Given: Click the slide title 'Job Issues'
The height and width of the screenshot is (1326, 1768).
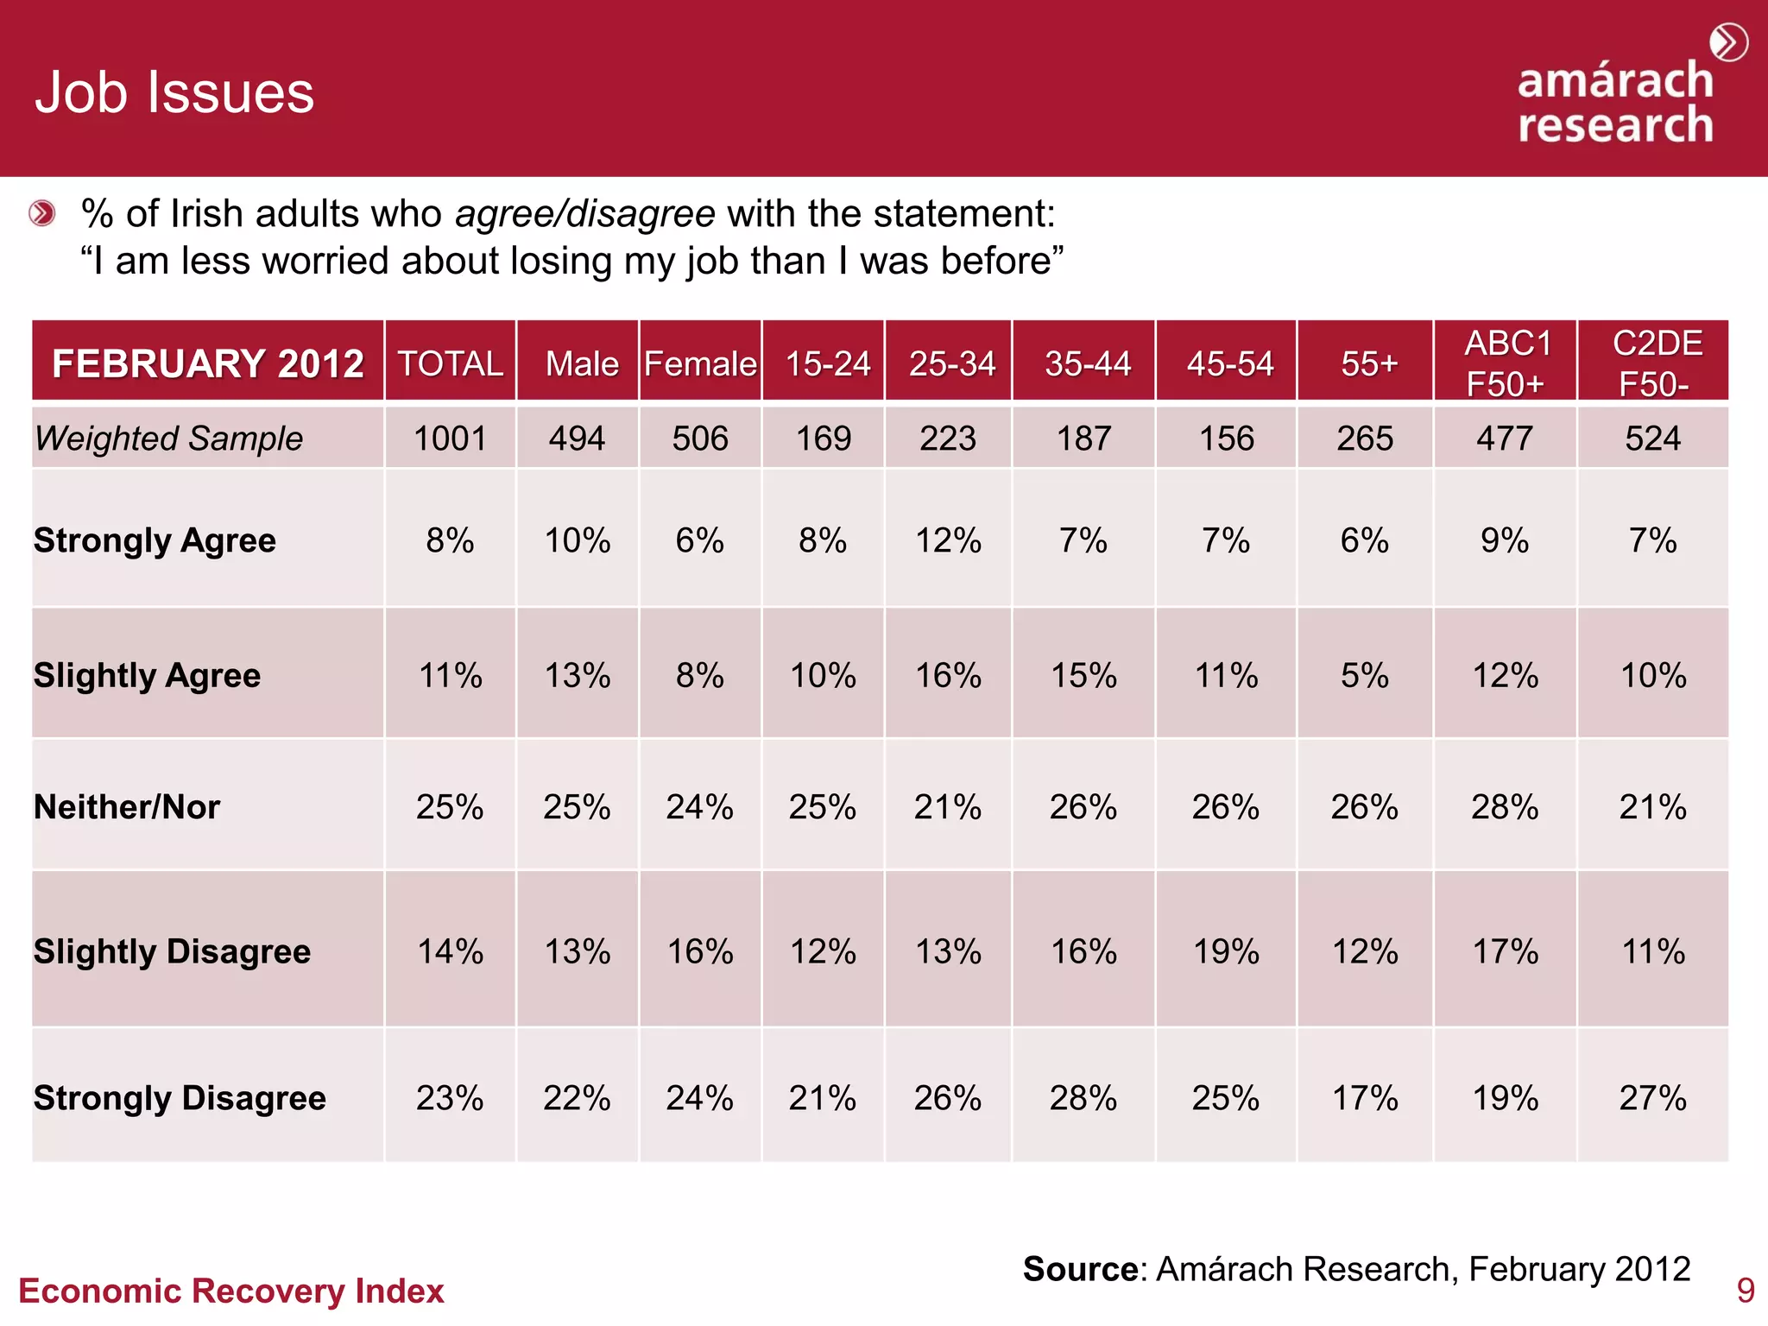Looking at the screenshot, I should (174, 92).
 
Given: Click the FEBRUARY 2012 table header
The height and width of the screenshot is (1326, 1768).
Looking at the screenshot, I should (207, 363).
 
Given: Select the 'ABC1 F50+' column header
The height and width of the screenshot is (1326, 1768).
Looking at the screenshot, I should (1506, 363).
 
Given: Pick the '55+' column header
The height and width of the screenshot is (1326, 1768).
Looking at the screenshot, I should (1367, 363).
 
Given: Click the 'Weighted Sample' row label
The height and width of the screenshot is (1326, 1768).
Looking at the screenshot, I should (169, 439).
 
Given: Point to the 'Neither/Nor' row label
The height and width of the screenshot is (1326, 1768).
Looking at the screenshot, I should (127, 807).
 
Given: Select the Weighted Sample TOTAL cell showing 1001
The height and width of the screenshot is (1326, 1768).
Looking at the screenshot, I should (450, 439).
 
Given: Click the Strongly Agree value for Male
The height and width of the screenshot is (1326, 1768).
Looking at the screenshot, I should (577, 541).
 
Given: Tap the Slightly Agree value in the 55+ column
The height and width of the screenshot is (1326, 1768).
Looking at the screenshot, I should (1364, 675).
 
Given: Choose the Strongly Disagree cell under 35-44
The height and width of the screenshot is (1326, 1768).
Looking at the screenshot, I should (1083, 1098).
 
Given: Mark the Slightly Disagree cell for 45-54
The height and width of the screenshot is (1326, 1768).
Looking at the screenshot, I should (1226, 951).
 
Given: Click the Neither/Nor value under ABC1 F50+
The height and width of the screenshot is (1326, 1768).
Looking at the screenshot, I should (1505, 807).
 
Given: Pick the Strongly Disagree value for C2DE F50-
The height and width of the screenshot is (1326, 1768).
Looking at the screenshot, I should (1652, 1098).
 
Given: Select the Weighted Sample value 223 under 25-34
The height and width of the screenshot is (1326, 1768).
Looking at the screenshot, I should (947, 439).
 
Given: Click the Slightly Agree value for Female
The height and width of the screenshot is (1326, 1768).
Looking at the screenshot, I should (699, 675).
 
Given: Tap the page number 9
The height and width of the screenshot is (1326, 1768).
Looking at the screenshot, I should (1745, 1291).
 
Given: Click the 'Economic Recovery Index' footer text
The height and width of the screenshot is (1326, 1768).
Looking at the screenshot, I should (231, 1291).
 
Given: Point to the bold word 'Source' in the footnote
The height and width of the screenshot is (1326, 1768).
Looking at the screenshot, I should (1080, 1269).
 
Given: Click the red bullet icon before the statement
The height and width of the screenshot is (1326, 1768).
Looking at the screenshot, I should (41, 213).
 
